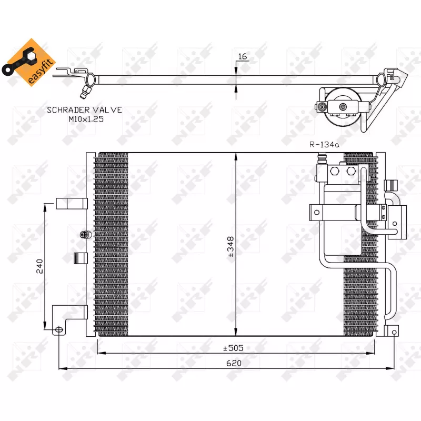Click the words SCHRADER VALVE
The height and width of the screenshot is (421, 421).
coord(85,110)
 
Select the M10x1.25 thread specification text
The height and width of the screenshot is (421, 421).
coord(85,119)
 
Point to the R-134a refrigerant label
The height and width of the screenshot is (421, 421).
coord(324,144)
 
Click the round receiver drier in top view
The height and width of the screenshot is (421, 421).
coord(343,107)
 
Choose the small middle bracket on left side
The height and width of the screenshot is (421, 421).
coord(79,258)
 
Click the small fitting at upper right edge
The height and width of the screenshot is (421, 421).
coord(390,185)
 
